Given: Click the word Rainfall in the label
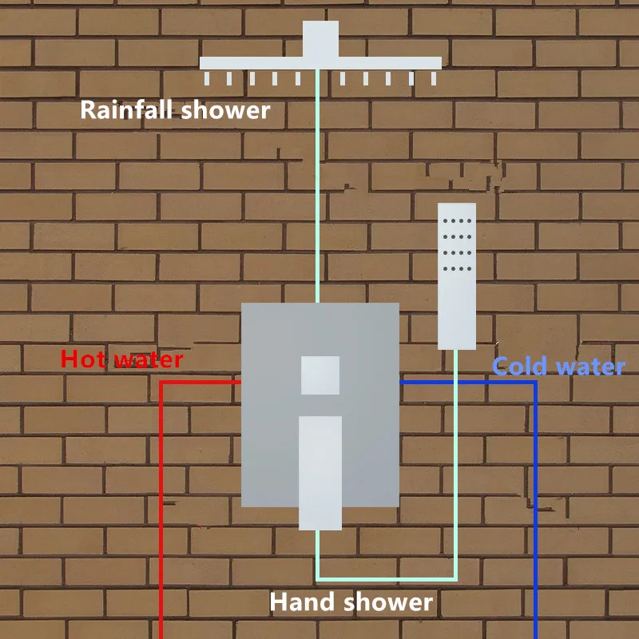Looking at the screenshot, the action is (x=128, y=109).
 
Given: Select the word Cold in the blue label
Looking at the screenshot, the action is (x=520, y=367).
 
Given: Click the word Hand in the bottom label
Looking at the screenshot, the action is (x=304, y=601).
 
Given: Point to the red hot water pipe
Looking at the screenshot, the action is (x=161, y=511).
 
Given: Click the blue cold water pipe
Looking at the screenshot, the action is (x=535, y=511).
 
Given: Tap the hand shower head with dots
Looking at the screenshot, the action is (x=457, y=276).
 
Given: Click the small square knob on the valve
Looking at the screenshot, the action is (x=320, y=375).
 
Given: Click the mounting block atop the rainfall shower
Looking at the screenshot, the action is (x=320, y=39).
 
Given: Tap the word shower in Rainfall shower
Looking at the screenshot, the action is (x=226, y=109).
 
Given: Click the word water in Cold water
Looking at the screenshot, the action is (x=590, y=367).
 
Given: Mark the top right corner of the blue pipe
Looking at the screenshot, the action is (x=535, y=383).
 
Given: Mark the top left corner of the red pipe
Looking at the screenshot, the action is (x=161, y=383).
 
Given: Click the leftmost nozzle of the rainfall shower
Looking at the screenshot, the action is (x=206, y=78).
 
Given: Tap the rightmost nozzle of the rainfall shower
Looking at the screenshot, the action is (x=435, y=78).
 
